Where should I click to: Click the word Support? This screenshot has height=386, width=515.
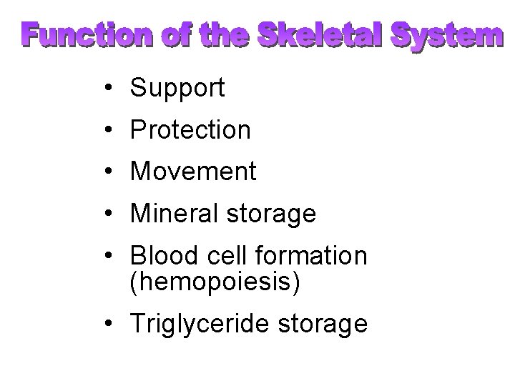point(177,89)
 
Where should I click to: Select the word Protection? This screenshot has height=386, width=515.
point(190,130)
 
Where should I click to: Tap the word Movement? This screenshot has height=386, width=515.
point(192,172)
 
